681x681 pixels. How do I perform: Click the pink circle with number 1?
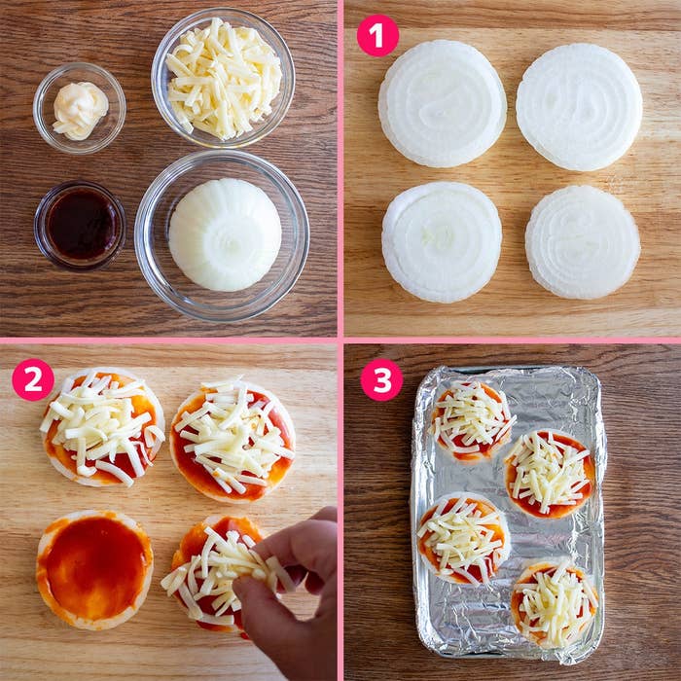377,36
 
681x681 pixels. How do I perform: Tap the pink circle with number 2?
33,379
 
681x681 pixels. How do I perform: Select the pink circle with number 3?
381,380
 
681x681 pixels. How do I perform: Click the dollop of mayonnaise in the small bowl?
80,111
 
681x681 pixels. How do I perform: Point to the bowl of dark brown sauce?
80,226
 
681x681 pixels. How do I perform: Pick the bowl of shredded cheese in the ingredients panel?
223,77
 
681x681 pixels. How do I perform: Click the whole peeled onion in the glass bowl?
225,234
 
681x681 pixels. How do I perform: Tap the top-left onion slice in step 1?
442,104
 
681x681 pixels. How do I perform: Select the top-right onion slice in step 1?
579,107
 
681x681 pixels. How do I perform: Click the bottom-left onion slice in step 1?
442,242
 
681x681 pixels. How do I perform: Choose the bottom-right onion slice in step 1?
583,242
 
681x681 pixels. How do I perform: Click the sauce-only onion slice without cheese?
94,570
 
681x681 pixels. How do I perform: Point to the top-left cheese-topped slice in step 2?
103,427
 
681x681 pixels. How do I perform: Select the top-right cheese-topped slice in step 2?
233,440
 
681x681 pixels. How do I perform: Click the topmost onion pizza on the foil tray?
471,420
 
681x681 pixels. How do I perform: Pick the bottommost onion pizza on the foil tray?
555,604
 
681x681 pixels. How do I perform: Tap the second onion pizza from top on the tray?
549,474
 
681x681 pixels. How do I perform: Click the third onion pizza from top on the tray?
463,539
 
